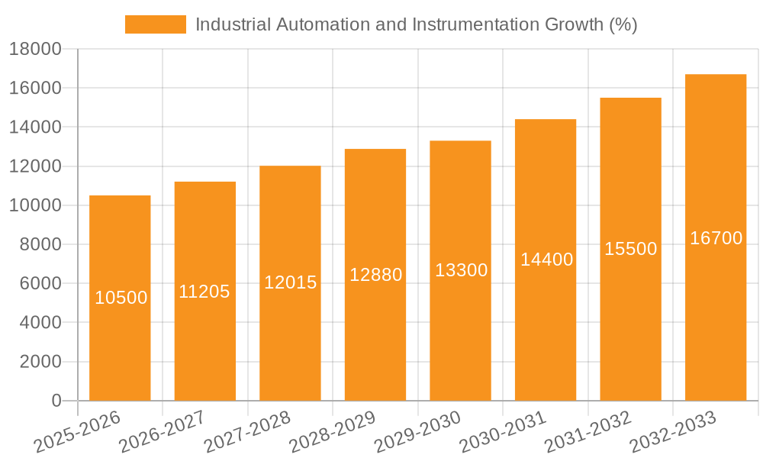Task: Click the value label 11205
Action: (x=204, y=291)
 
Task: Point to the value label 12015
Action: (x=290, y=282)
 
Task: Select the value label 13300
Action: (x=461, y=270)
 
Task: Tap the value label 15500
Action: (x=630, y=249)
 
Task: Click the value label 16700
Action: (x=716, y=238)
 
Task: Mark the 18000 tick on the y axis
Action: (x=35, y=49)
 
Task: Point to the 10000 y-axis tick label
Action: (x=35, y=205)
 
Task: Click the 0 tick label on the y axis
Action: (x=56, y=401)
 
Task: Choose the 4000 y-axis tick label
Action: (x=40, y=323)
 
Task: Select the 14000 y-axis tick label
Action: (x=35, y=127)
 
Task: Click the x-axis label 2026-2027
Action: (x=163, y=431)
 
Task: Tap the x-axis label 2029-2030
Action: (x=418, y=431)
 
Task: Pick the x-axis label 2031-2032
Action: (x=588, y=431)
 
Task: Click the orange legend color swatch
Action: (x=156, y=24)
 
